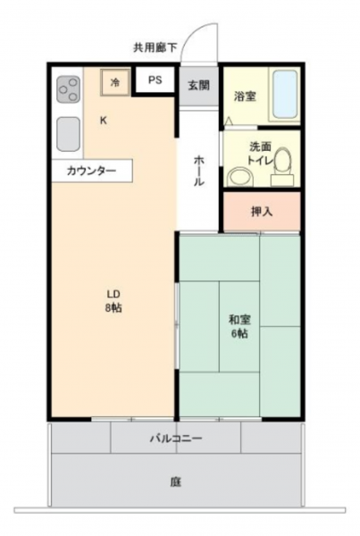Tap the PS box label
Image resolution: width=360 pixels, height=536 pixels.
(x=155, y=81)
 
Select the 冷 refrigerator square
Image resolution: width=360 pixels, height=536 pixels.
(x=115, y=82)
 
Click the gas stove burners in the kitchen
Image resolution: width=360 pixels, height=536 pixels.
(x=68, y=90)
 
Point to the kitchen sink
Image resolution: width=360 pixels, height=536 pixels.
(x=69, y=134)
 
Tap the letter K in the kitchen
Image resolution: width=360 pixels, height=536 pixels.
(x=104, y=121)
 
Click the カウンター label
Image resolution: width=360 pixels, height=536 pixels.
(x=90, y=171)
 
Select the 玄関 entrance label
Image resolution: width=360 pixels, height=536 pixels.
(x=198, y=86)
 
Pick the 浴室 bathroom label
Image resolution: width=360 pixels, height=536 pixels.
(x=246, y=96)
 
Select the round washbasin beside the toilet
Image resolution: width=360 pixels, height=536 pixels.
(x=237, y=175)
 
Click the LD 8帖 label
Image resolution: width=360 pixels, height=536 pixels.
(x=113, y=302)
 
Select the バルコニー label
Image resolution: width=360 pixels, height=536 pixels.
(x=175, y=439)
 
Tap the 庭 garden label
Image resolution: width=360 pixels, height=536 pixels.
(x=175, y=482)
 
